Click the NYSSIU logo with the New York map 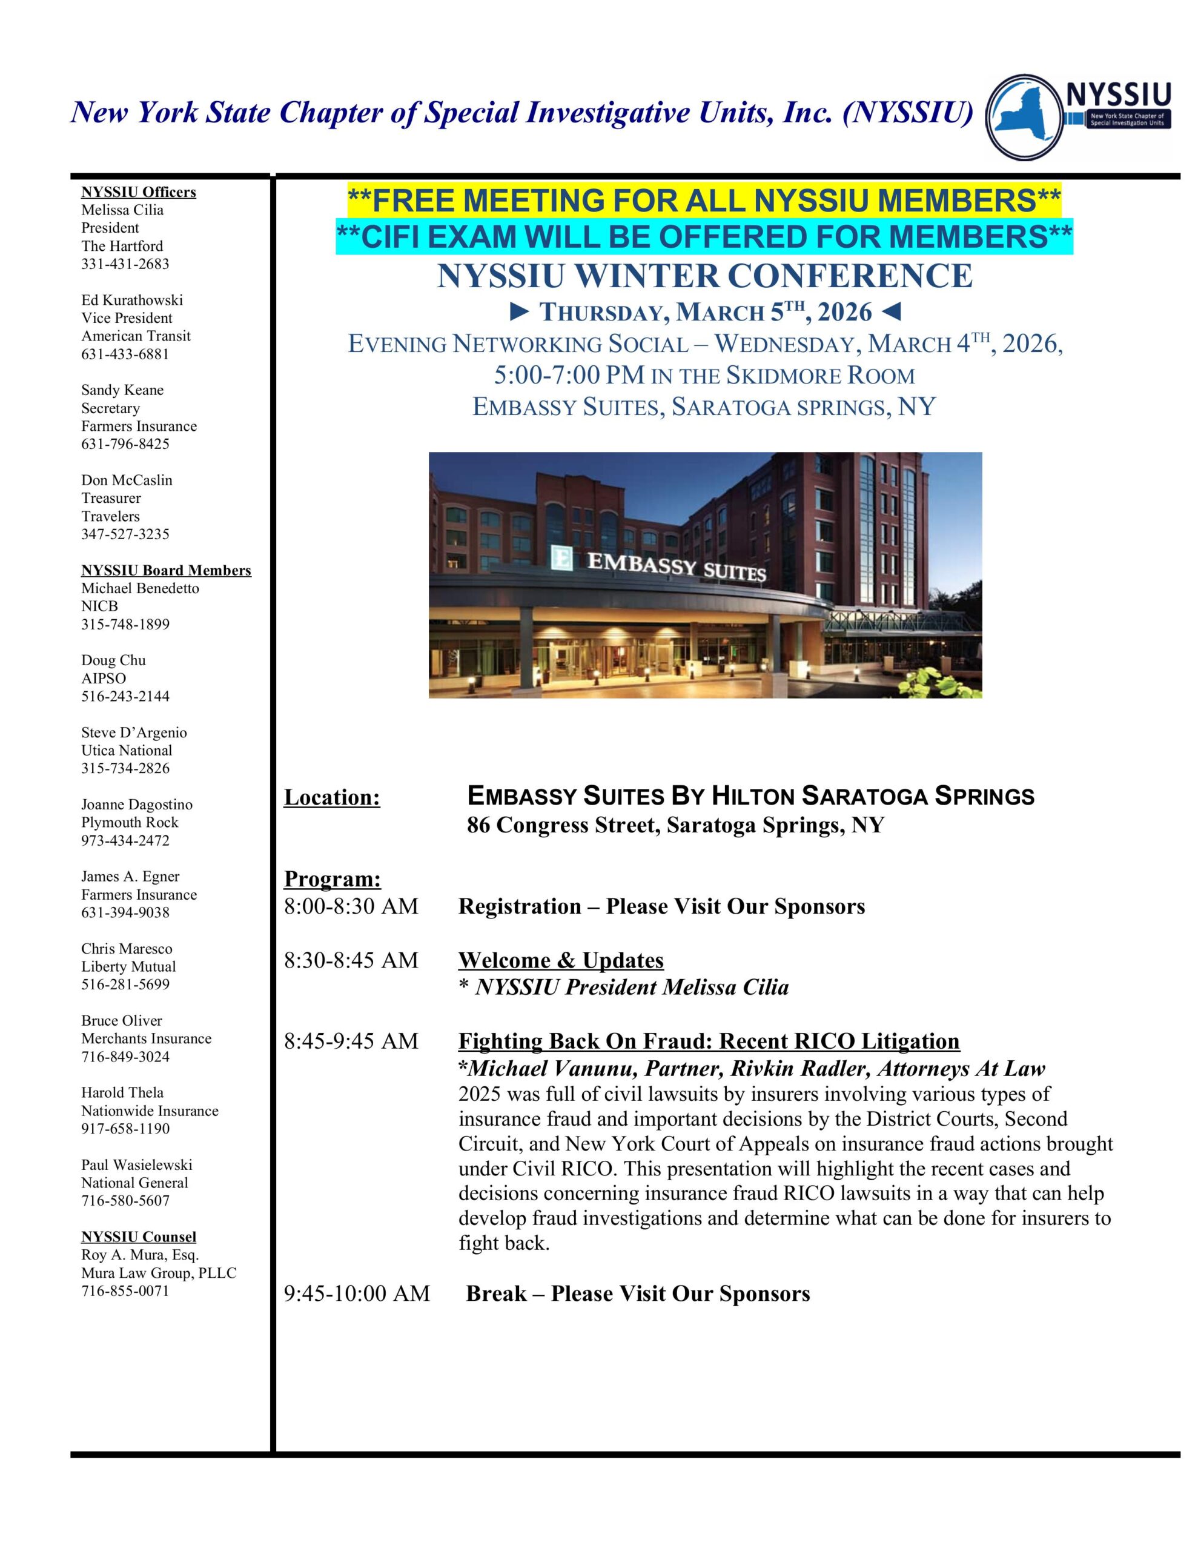point(1078,116)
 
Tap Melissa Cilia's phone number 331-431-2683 point(125,264)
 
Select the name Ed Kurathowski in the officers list point(132,300)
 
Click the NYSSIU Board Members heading point(166,570)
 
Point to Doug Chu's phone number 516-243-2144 point(125,696)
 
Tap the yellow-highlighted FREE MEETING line point(704,201)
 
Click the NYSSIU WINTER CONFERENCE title point(704,276)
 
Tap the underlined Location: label point(332,797)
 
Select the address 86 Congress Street point(675,825)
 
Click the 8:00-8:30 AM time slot point(351,906)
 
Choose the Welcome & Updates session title point(560,960)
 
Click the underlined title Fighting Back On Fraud point(708,1041)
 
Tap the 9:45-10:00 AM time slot point(357,1294)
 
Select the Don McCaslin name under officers point(127,480)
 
